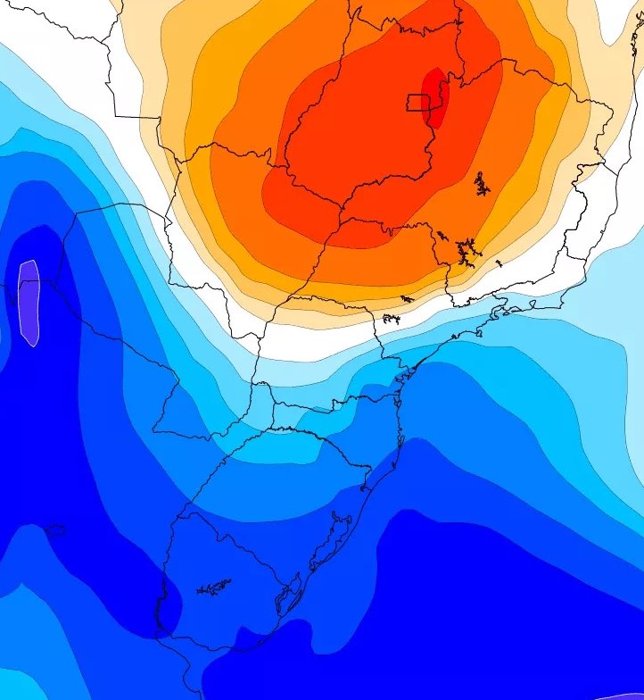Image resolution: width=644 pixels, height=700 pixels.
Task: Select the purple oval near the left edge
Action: (29, 302)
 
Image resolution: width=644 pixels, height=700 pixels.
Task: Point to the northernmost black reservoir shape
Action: (483, 185)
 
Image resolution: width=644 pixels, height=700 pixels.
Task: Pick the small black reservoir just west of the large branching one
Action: (442, 237)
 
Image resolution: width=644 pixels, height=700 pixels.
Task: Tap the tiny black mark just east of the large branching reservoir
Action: (498, 262)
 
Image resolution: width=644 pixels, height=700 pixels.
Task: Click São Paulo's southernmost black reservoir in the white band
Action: (391, 318)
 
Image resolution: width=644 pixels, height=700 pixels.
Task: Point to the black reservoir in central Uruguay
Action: (214, 587)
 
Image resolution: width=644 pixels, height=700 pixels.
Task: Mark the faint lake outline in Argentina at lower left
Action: (54, 530)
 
